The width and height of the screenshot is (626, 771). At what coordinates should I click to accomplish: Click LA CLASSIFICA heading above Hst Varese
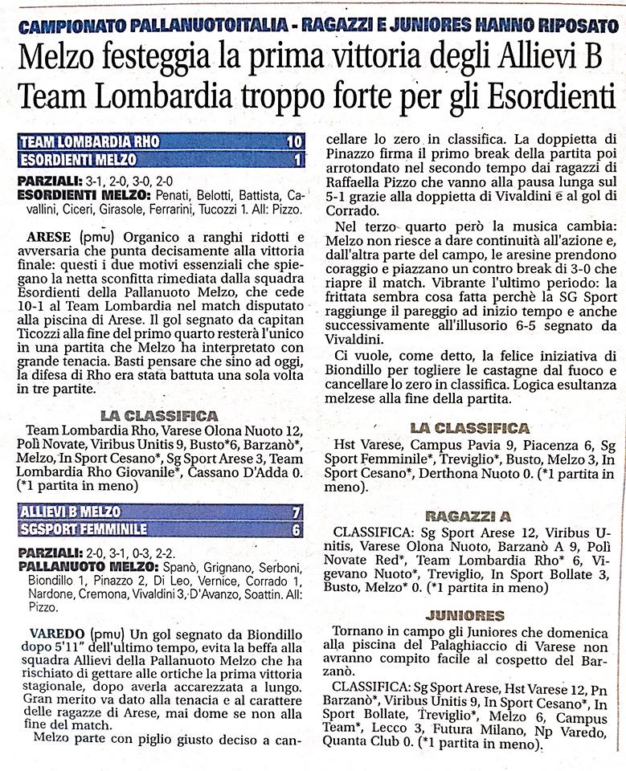pos(469,428)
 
